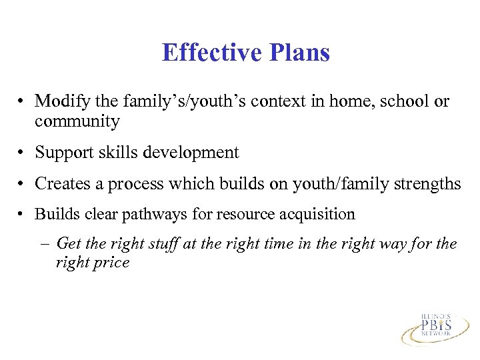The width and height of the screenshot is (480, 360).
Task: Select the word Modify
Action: pos(60,101)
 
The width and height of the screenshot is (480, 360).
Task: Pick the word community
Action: pos(77,121)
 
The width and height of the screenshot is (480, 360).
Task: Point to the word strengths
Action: pos(427,183)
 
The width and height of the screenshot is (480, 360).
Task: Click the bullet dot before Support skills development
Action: pos(22,153)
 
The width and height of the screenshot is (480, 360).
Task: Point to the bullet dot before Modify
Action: pos(22,102)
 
